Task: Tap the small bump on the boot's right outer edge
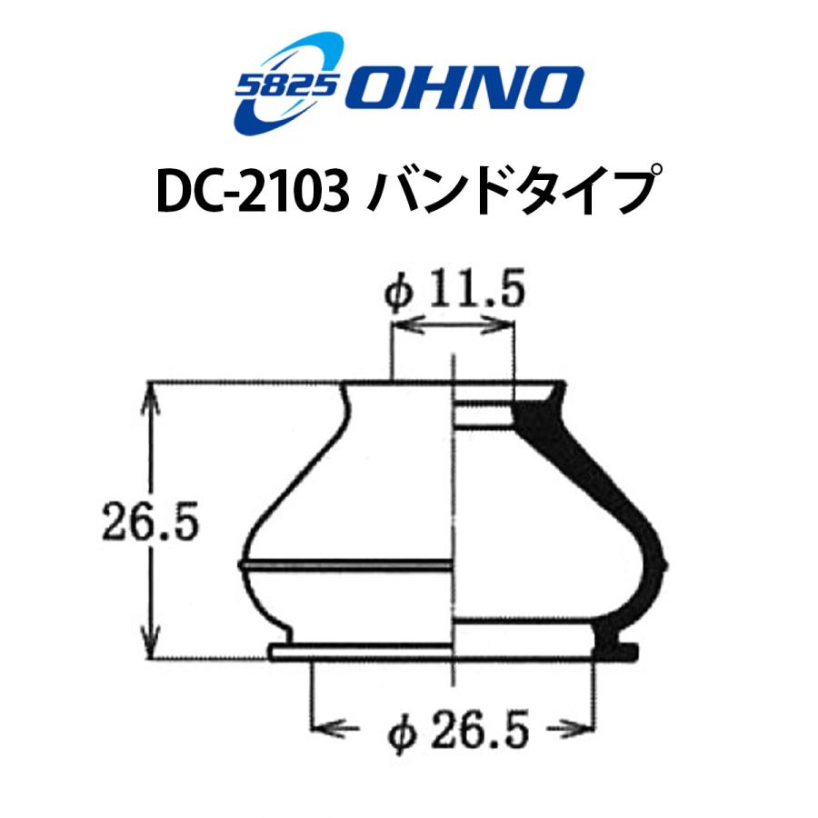667,564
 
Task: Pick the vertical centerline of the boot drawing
453,509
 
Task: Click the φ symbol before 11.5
399,296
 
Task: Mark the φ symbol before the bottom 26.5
401,729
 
